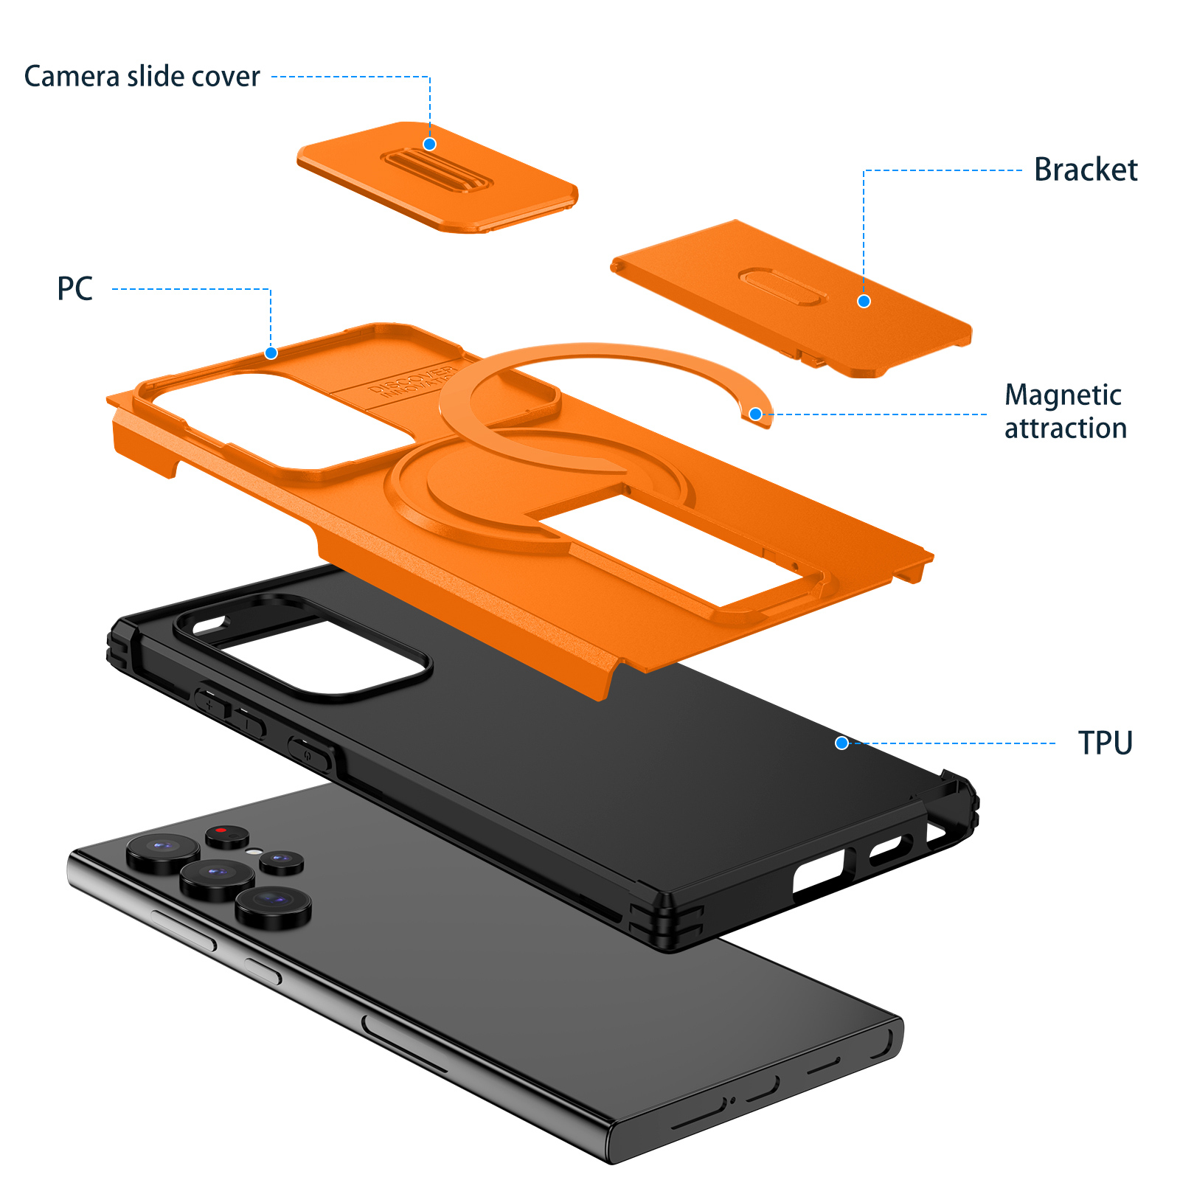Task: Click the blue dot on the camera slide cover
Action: (x=429, y=144)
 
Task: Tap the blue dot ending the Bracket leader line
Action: (x=864, y=301)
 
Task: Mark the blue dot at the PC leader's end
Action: (x=271, y=353)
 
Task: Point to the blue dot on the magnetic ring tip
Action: (x=755, y=414)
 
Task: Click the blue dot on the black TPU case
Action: (x=841, y=743)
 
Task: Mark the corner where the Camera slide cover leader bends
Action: (x=429, y=77)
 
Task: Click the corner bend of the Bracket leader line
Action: (x=864, y=170)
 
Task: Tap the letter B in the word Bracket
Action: (x=1045, y=170)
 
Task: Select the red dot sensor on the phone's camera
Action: (x=221, y=830)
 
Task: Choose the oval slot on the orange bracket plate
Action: (x=781, y=286)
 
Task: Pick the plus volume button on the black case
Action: (x=211, y=703)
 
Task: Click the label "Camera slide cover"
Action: (x=142, y=77)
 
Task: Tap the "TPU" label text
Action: (x=1105, y=743)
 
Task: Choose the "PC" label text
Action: (x=75, y=289)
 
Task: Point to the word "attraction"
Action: (x=1066, y=428)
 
